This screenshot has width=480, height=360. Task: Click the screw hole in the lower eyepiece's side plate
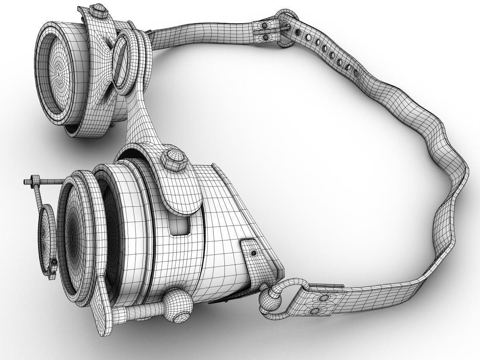tap(253, 253)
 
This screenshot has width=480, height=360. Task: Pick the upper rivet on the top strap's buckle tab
tap(264, 26)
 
